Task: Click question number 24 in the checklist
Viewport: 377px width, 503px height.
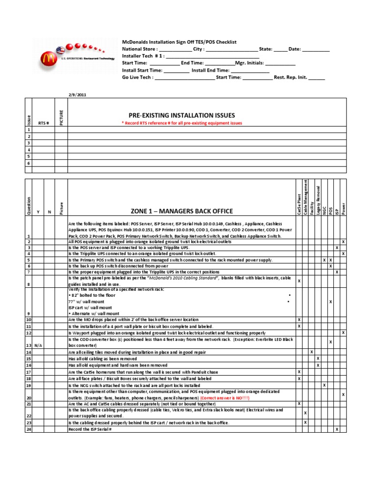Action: coord(28,429)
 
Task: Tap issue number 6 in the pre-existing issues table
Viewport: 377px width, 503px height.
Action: coord(29,163)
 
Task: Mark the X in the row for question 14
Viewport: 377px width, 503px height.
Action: coord(312,352)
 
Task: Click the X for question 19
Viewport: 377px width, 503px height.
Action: coord(324,385)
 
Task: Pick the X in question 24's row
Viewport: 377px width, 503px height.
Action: coord(337,429)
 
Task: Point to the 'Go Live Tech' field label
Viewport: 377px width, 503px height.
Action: coord(137,77)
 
